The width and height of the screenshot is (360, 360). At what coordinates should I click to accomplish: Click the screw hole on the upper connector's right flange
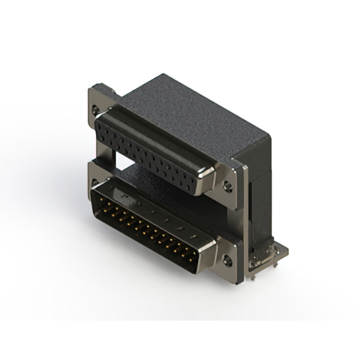(228, 187)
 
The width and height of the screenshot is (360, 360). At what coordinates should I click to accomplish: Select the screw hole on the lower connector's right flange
(227, 261)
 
